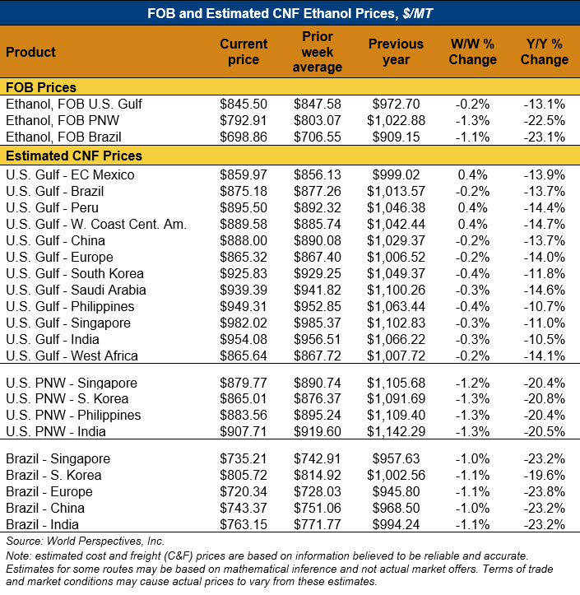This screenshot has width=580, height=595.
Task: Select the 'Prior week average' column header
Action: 318,52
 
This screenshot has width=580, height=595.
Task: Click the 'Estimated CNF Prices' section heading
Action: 74,156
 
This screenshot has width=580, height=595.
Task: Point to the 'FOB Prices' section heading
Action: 41,87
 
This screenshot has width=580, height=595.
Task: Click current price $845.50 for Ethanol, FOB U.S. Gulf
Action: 244,104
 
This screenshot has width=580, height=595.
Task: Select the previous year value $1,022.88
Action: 396,120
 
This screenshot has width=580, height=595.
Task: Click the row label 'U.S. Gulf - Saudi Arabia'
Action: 76,290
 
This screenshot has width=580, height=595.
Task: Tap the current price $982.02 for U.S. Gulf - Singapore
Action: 244,323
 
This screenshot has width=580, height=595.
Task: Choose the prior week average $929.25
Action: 318,273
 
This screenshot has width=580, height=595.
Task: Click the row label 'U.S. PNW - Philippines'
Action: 73,416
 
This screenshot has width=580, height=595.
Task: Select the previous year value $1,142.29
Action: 396,432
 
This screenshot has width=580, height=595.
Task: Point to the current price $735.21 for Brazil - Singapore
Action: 244,458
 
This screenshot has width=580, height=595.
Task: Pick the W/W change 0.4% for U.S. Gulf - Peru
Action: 473,207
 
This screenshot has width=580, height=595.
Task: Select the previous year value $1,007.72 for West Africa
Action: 396,356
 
